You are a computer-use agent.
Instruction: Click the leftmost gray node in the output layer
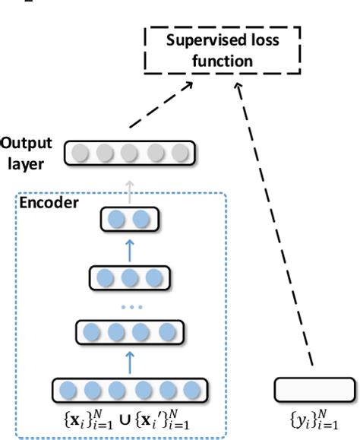pos(80,154)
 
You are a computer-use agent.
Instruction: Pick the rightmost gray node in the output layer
pos(180,154)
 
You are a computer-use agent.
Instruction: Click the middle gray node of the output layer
pos(130,154)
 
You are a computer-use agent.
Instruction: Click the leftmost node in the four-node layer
pos(91,332)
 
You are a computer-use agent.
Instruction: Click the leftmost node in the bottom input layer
pos(67,390)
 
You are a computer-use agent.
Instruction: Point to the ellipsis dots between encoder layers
pos(130,306)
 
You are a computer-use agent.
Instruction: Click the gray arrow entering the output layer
pos(130,191)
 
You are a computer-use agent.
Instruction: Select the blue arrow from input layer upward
pos(130,362)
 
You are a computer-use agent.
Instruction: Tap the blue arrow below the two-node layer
pos(130,248)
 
